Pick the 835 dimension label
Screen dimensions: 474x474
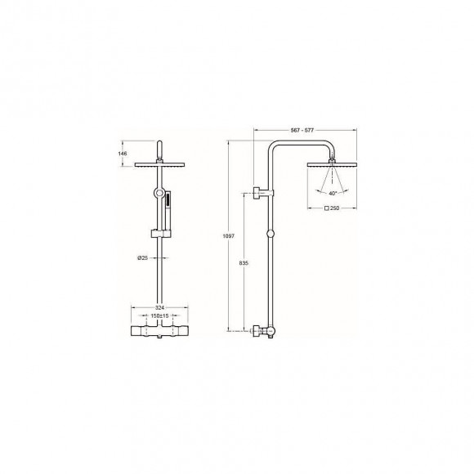pyautogui.click(x=243, y=263)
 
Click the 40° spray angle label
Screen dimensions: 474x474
pyautogui.click(x=332, y=195)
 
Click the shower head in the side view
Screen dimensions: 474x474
pyautogui.click(x=331, y=164)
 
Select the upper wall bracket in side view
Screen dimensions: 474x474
pyautogui.click(x=262, y=193)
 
